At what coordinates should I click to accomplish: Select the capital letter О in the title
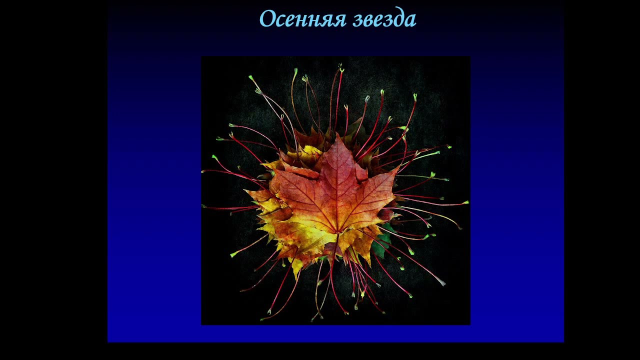pyautogui.click(x=266, y=19)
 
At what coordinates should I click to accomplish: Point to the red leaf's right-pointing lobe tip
pyautogui.click(x=398, y=169)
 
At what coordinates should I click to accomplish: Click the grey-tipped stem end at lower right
pyautogui.click(x=442, y=283)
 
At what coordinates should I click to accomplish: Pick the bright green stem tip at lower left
pyautogui.click(x=232, y=255)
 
